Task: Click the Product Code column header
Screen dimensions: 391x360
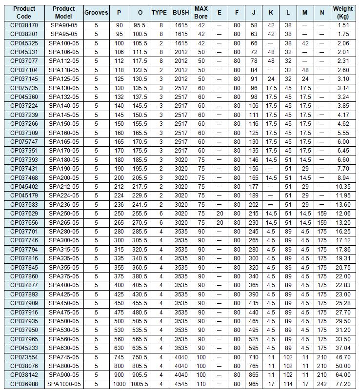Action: tap(24, 12)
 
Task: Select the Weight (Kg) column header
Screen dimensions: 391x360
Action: tap(343, 12)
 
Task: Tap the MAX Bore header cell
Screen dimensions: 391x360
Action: tap(201, 12)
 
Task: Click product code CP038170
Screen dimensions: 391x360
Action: tap(24, 25)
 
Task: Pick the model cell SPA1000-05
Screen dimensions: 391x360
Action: tap(64, 384)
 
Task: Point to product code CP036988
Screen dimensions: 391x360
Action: tap(24, 384)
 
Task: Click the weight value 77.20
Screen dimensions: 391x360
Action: tap(343, 384)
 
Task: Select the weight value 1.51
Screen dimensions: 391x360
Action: tap(343, 25)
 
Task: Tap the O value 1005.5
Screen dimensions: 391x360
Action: tap(140, 384)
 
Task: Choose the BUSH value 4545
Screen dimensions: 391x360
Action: tap(180, 384)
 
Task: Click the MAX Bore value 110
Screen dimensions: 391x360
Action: tap(201, 384)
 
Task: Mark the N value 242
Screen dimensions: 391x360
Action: tap(321, 384)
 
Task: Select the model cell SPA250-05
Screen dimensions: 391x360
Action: tap(64, 214)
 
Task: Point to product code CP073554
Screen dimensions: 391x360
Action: tap(24, 357)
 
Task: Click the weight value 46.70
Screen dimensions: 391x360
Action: tap(343, 357)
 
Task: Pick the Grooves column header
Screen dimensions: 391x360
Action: tap(96, 12)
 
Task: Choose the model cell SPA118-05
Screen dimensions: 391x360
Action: tap(64, 70)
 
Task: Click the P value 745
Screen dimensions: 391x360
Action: tap(120, 357)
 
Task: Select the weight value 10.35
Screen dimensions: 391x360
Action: tap(343, 187)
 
